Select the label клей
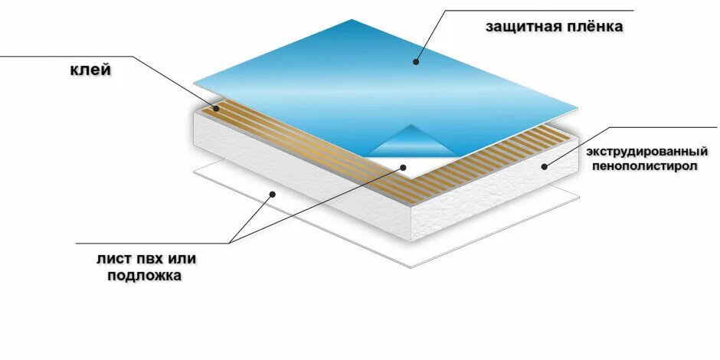[90, 70]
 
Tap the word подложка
[144, 275]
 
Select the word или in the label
[182, 258]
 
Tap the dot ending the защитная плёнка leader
[417, 61]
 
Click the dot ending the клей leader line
[217, 109]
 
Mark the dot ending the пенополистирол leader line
[545, 165]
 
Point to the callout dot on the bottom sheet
[273, 194]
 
